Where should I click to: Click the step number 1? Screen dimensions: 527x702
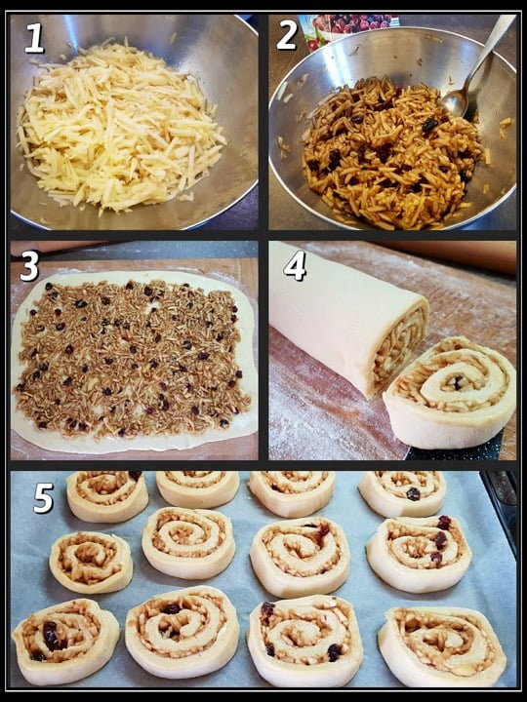point(34,38)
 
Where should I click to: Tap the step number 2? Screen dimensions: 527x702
point(287,34)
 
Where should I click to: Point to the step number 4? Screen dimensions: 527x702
point(295,265)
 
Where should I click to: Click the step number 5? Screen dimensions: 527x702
point(44,497)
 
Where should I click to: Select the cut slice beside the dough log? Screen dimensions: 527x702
point(450,393)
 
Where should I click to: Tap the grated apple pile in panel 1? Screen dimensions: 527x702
point(120,128)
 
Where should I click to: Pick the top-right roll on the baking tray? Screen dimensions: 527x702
point(402,493)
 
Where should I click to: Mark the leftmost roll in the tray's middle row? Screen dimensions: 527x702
point(91,563)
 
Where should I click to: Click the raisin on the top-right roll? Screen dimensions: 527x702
point(413,493)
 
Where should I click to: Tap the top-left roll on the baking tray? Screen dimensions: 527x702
point(107,495)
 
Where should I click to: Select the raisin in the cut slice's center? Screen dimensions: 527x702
point(458,383)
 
